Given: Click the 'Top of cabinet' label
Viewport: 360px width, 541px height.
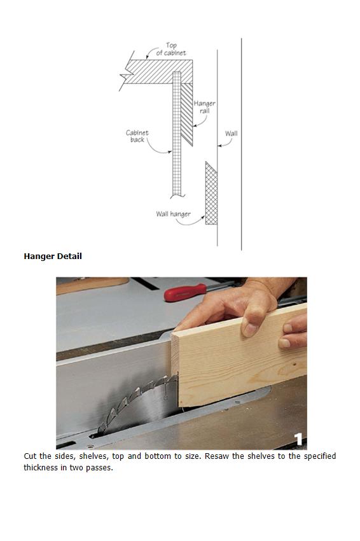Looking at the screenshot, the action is click(x=171, y=49).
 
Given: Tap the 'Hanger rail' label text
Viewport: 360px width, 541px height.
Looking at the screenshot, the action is click(x=204, y=107).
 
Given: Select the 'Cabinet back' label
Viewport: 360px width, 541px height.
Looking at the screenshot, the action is click(x=137, y=136).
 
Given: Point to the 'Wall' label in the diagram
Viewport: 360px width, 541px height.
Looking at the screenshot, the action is click(x=231, y=133).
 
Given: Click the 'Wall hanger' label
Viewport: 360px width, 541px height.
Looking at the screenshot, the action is click(x=173, y=214).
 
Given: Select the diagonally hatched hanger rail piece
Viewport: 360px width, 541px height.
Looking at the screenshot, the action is click(x=187, y=114).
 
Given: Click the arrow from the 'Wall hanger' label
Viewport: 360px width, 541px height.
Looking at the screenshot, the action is click(x=191, y=222).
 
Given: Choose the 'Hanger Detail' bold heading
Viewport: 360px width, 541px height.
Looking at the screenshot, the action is click(x=53, y=256).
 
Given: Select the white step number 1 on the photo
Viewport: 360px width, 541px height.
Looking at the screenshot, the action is click(x=298, y=439).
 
